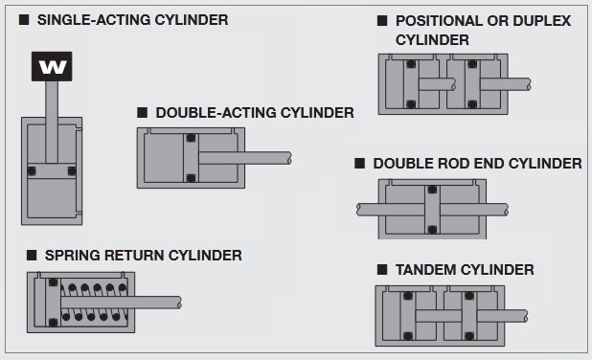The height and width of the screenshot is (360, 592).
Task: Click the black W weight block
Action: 52,66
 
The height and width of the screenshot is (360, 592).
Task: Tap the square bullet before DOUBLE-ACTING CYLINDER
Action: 142,112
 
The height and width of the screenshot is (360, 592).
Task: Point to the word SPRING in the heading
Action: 72,256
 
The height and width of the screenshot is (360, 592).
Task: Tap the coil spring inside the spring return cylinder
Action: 94,303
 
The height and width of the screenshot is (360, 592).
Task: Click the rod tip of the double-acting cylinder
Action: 289,158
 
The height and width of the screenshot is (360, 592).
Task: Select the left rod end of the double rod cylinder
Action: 359,210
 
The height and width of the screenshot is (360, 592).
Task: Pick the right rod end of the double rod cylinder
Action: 506,210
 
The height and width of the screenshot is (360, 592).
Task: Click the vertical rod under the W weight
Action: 52,123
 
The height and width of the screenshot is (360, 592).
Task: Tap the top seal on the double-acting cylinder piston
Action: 191,138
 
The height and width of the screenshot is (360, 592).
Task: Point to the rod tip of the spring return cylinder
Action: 179,303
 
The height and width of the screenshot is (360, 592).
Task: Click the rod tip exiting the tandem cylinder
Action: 525,316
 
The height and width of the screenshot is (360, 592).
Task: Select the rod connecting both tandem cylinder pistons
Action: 439,316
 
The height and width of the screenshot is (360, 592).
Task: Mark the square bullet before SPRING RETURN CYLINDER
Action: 32,255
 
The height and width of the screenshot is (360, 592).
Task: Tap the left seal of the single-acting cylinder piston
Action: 32,171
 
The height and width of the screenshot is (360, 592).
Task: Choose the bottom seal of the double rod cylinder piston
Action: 432,230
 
